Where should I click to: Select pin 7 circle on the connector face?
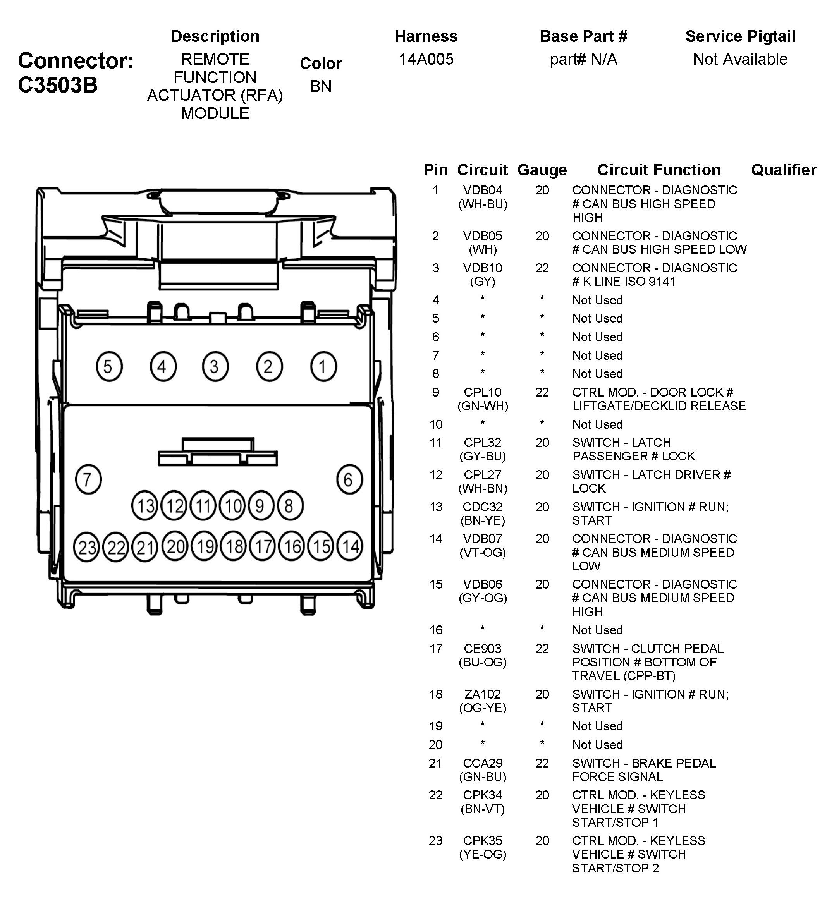pyautogui.click(x=88, y=479)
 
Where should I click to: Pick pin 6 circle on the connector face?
pyautogui.click(x=349, y=479)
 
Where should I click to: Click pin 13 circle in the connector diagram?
pyautogui.click(x=144, y=505)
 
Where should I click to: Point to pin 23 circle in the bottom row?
pyautogui.click(x=87, y=547)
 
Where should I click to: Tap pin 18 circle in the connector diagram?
pyautogui.click(x=234, y=546)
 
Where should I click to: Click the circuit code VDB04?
pyautogui.click(x=482, y=191)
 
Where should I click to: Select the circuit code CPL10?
pyautogui.click(x=482, y=392)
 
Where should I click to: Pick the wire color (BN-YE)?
pyautogui.click(x=482, y=520)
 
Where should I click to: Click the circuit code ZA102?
pyautogui.click(x=482, y=694)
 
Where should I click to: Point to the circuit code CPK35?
pyautogui.click(x=482, y=840)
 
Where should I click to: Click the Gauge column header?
pyautogui.click(x=542, y=170)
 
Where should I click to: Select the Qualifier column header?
pyautogui.click(x=784, y=170)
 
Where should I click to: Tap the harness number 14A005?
pyautogui.click(x=426, y=59)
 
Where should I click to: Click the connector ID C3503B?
pyautogui.click(x=57, y=85)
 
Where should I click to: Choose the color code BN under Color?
pyautogui.click(x=321, y=86)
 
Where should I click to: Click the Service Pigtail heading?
pyautogui.click(x=740, y=36)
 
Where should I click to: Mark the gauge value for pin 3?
pyautogui.click(x=542, y=268)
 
